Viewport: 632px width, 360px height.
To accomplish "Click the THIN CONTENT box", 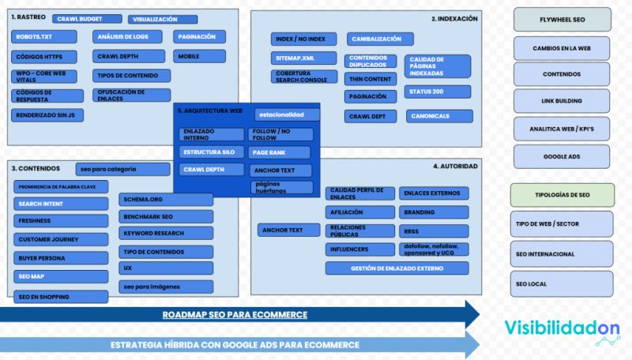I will pyautogui.click(x=370, y=78).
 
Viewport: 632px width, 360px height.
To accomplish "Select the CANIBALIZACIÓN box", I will pyautogui.click(x=380, y=39).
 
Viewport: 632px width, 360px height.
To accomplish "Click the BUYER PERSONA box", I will pyautogui.click(x=61, y=258).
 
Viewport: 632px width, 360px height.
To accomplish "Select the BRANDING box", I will pyautogui.click(x=433, y=212).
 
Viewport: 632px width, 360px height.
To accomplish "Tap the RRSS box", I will pyautogui.click(x=433, y=231).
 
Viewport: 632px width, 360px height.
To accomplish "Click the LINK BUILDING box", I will pyautogui.click(x=562, y=101).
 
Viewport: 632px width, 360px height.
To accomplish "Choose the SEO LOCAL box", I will pyautogui.click(x=562, y=283).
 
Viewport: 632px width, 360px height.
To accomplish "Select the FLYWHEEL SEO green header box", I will pyautogui.click(x=562, y=19).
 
